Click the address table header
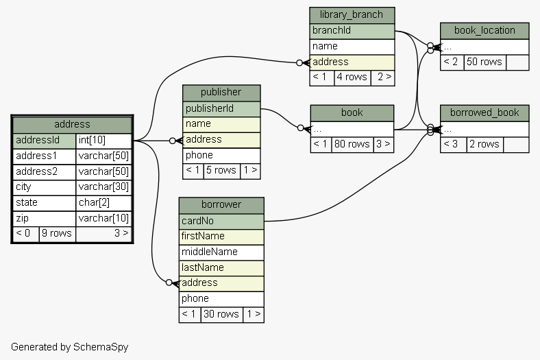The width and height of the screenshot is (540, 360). point(72,124)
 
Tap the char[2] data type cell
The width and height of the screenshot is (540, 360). point(103,203)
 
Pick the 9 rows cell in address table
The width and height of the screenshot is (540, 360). point(57,233)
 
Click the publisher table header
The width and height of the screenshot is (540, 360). point(221,92)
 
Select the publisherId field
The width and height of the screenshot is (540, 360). point(221,108)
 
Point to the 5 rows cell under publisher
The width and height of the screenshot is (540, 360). point(221,170)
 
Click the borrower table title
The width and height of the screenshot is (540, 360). point(221,204)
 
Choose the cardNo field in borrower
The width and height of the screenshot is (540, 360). point(221,221)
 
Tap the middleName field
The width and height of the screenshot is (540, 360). point(221,252)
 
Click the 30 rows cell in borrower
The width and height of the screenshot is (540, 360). point(221,314)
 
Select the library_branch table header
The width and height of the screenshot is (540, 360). point(352,14)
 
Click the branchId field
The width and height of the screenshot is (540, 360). point(352,30)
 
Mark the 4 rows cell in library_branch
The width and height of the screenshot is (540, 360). point(352,77)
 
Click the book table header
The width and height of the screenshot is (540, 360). point(352,112)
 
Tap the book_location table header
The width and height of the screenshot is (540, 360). point(484,30)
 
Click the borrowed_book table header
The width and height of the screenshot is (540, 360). point(484,112)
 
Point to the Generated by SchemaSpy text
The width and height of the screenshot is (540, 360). point(69,347)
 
